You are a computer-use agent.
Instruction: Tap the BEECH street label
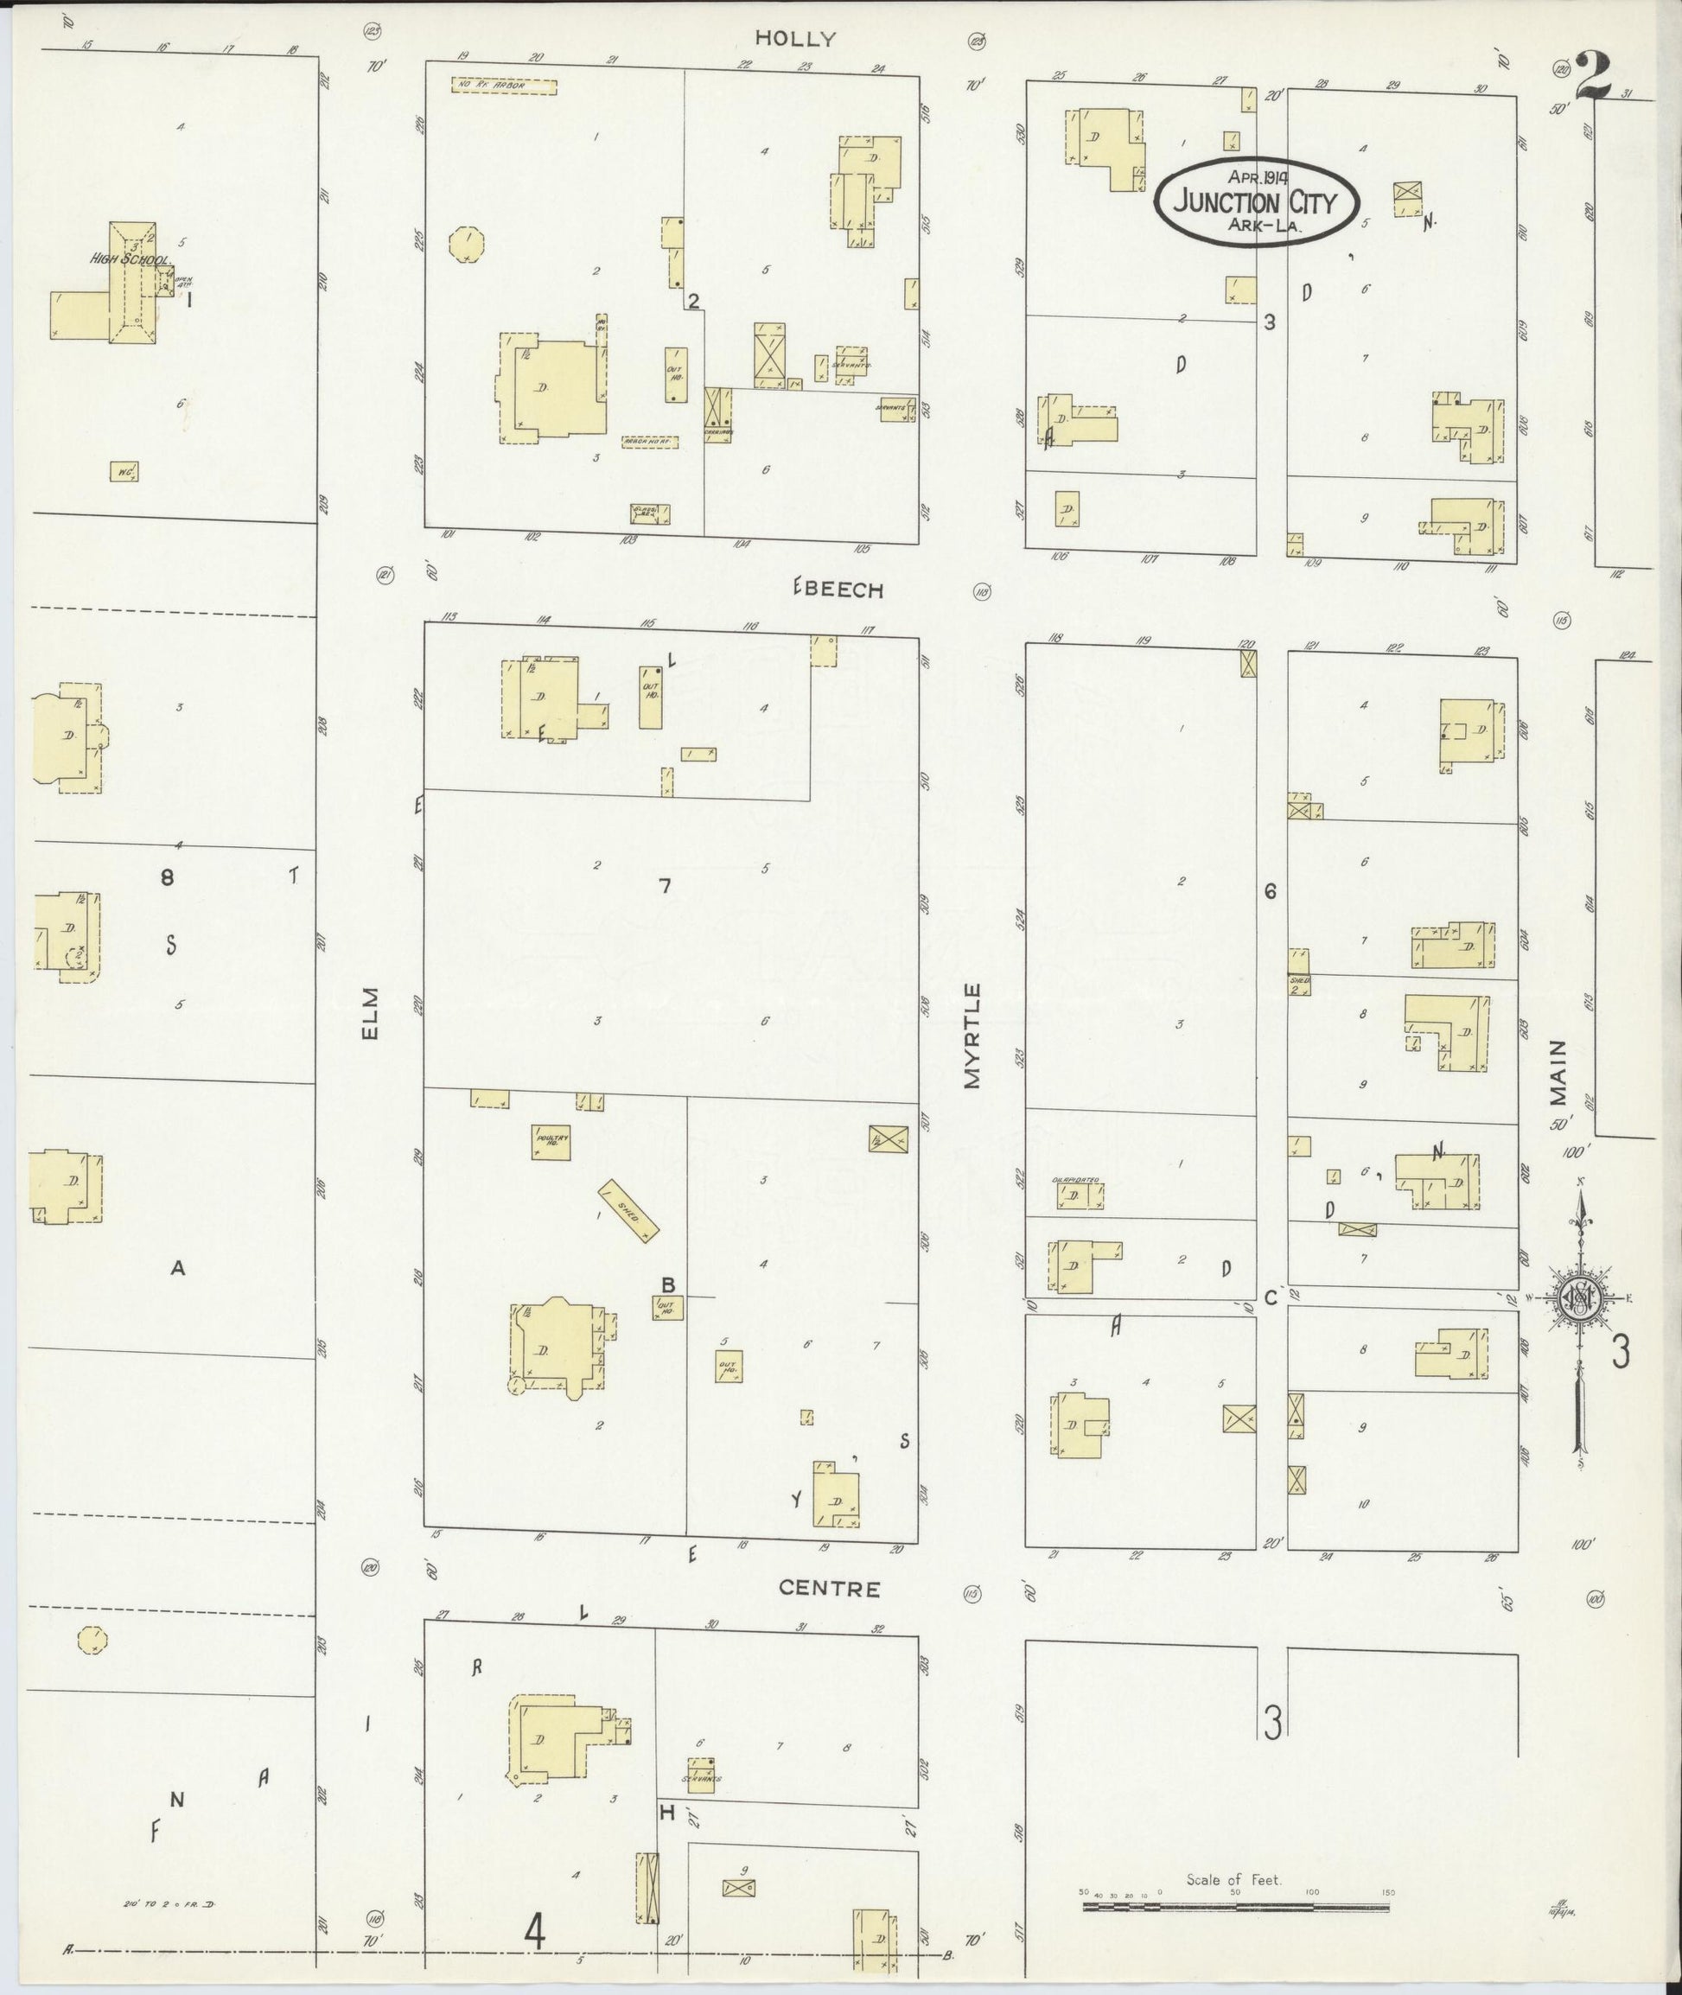point(839,590)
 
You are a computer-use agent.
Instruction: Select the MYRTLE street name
point(972,1035)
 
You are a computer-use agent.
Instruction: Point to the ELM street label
point(371,1013)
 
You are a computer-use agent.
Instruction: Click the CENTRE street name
point(829,1588)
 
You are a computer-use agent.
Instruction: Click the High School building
point(131,283)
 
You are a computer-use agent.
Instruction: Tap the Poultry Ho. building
point(551,1142)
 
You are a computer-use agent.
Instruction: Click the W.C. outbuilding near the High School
point(124,471)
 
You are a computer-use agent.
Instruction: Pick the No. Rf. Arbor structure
point(503,86)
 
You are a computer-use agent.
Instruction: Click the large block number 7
point(666,886)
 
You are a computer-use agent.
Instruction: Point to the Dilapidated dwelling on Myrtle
point(1080,1195)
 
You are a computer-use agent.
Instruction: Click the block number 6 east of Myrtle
point(1269,890)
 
